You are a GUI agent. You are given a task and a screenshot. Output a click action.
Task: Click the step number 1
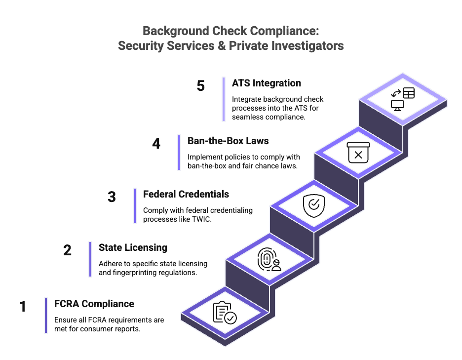point(23,307)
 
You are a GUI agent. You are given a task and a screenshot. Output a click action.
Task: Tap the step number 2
point(68,250)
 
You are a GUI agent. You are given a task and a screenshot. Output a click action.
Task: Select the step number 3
point(112,197)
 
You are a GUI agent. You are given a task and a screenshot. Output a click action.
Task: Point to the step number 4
point(156,144)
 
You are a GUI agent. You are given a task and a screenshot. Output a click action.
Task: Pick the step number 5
point(200,85)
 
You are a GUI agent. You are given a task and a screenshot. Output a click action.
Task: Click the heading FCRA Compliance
point(94,303)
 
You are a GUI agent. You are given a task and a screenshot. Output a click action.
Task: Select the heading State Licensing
point(133,247)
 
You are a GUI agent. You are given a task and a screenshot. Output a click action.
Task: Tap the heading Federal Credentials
point(186,194)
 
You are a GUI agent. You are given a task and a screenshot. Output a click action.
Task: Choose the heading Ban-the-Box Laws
point(228,141)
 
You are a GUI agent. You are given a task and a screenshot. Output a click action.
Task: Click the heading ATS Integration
point(267,83)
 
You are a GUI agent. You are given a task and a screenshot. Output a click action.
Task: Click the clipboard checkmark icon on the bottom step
point(224,313)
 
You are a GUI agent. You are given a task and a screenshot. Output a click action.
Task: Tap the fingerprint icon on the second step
point(269,260)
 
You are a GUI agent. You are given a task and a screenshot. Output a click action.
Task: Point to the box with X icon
point(358,153)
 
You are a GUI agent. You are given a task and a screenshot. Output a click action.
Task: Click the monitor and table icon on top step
point(402,98)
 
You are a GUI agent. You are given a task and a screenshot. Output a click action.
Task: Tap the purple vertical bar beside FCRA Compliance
point(46,316)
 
